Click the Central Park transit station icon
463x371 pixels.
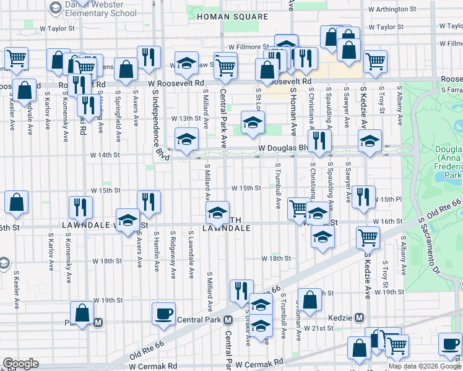228,320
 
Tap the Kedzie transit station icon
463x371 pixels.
360,317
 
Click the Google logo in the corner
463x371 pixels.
20,364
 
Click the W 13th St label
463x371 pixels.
186,118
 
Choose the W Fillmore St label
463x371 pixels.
248,46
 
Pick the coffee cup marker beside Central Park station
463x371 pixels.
163,313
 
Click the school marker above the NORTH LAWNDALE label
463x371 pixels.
217,213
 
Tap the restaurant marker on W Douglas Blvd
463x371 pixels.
319,141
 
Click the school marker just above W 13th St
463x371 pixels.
253,122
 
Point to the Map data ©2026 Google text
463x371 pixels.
424,366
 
